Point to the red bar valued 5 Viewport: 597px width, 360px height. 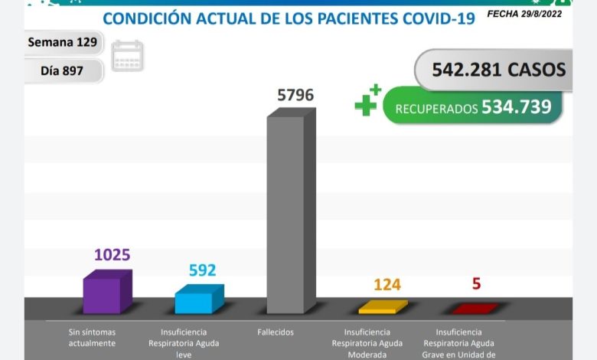[475, 309]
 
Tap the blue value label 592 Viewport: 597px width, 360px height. [202, 270]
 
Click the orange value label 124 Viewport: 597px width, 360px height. [387, 285]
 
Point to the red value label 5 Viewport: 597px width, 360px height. [476, 283]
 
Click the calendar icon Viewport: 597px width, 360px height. [127, 56]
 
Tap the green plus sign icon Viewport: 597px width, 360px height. [367, 101]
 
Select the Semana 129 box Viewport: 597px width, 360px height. [63, 42]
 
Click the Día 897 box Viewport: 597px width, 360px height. [63, 71]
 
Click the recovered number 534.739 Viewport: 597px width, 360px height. [516, 107]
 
